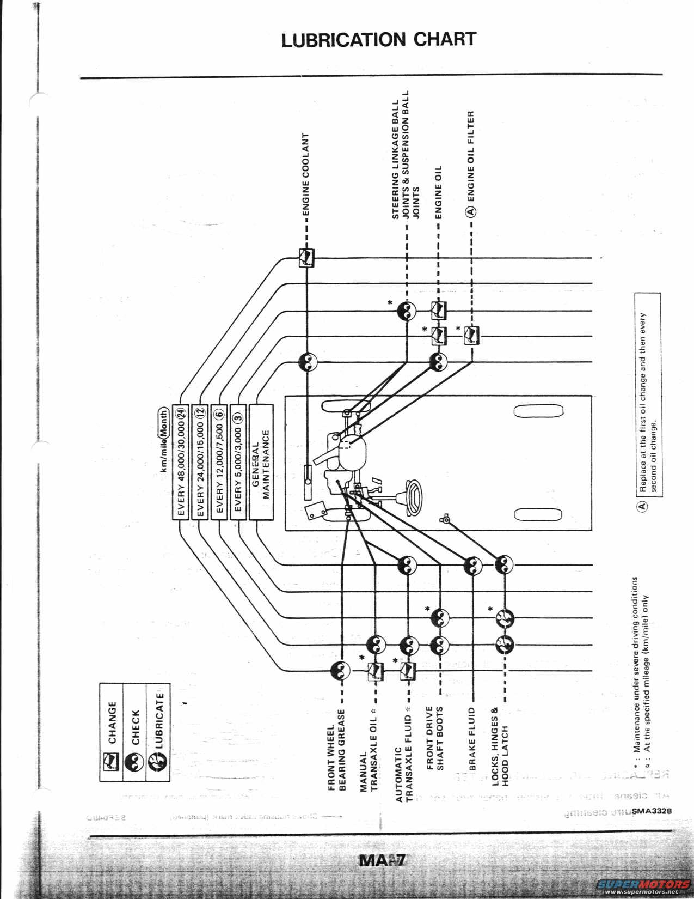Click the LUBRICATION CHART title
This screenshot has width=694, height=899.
click(378, 40)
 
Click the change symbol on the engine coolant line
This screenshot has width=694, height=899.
click(307, 258)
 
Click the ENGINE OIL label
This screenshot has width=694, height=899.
click(439, 192)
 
